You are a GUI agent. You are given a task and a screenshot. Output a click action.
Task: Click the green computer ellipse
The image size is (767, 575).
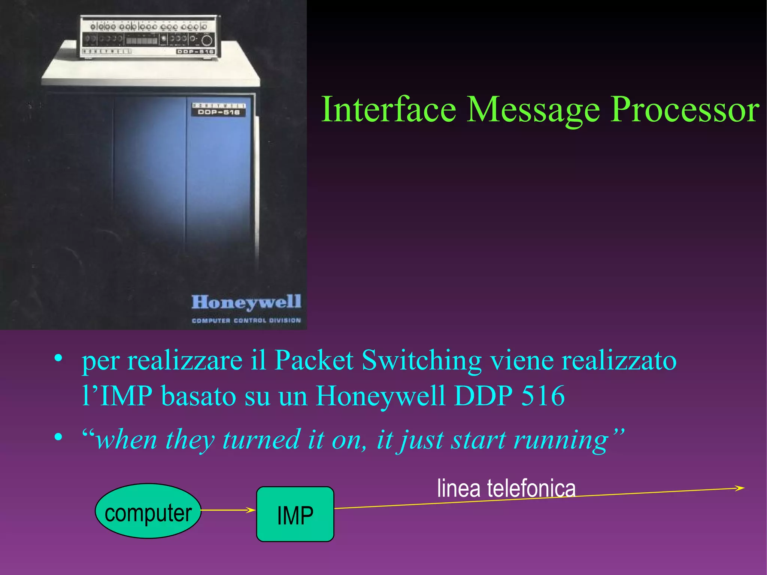pos(148,511)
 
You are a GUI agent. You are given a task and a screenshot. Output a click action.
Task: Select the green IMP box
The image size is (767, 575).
pos(295,514)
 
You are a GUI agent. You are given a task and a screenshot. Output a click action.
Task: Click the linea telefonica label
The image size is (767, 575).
pos(506,489)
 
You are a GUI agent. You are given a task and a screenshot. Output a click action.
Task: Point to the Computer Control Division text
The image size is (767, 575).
pos(246,320)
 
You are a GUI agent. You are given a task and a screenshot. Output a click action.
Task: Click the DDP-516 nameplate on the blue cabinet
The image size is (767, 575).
pos(219,109)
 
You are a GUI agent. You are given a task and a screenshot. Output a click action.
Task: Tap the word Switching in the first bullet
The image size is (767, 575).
pos(422,360)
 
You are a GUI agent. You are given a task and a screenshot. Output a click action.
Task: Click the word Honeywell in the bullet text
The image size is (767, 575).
pos(381,396)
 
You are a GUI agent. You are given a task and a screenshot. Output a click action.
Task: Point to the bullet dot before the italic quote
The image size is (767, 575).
pos(58,436)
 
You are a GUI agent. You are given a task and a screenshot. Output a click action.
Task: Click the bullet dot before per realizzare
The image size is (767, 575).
pos(58,358)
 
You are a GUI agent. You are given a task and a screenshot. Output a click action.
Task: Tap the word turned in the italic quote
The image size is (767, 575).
pos(261,440)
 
